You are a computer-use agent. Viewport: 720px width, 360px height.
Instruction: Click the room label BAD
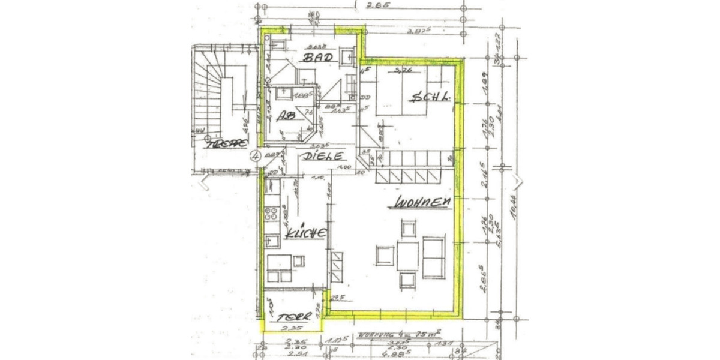[317, 58]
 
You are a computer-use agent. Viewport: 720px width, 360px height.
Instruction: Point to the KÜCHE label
[305, 233]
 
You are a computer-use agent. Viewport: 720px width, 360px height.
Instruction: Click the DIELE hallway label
[323, 157]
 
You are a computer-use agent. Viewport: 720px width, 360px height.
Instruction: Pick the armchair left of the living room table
[384, 255]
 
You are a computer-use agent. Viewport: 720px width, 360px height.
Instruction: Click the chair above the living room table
[409, 229]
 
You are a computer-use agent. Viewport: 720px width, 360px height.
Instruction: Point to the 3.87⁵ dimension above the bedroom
[419, 31]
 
